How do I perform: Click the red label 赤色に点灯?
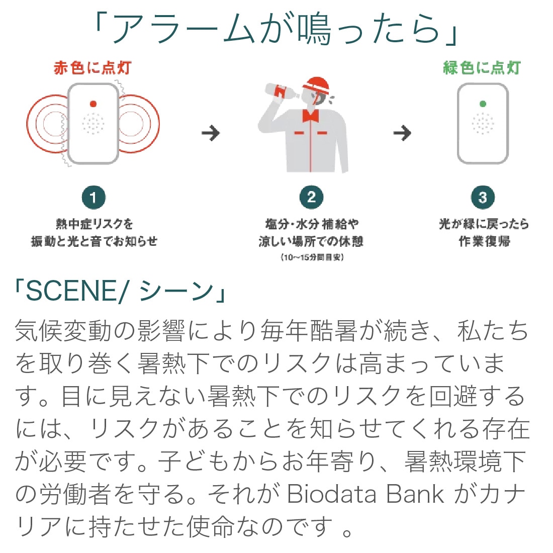click(x=93, y=68)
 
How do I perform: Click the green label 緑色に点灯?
click(x=482, y=68)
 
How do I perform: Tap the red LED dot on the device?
click(x=93, y=104)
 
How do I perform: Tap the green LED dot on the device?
click(x=483, y=104)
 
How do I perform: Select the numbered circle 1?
click(x=94, y=198)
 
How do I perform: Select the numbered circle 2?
click(x=311, y=198)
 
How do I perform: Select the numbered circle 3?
click(x=483, y=198)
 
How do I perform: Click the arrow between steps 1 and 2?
click(x=211, y=133)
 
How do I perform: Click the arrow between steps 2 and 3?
click(x=402, y=133)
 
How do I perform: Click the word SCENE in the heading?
click(x=70, y=291)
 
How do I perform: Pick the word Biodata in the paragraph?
click(x=331, y=494)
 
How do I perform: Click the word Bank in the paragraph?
click(x=415, y=494)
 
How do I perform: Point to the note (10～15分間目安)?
click(x=312, y=257)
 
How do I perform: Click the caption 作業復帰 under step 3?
click(x=484, y=242)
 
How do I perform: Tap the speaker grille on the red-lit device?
click(x=93, y=124)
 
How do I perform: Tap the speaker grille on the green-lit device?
click(x=483, y=124)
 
